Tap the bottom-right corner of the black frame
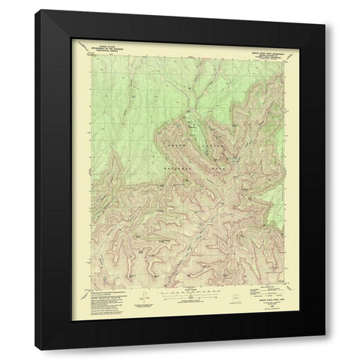coord(324,349)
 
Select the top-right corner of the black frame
coord(324,10)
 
